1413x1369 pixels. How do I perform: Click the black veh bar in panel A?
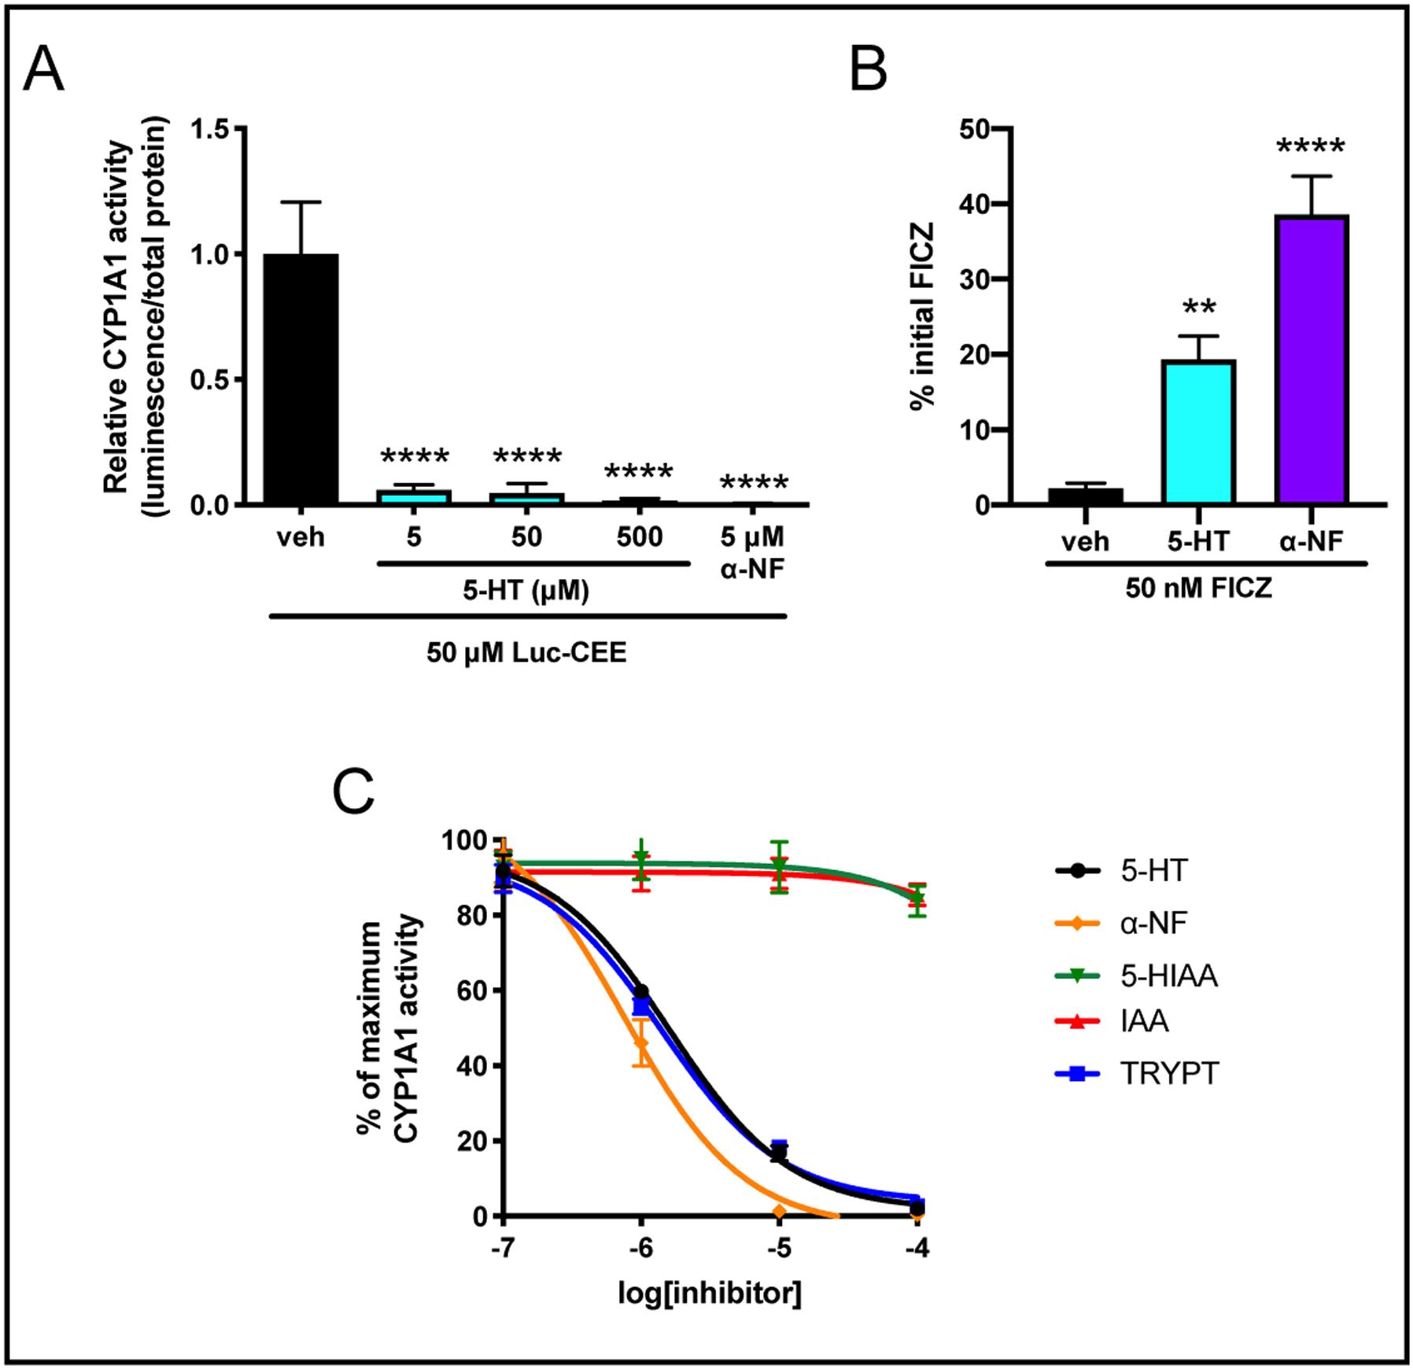301,378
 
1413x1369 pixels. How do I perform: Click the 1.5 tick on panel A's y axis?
212,129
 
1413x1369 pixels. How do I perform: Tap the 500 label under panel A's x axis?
640,538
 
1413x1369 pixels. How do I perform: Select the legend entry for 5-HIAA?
1168,976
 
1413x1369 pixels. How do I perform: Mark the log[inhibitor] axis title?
709,1294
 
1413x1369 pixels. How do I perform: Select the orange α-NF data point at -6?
641,1044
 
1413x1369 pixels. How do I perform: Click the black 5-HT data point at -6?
641,991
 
